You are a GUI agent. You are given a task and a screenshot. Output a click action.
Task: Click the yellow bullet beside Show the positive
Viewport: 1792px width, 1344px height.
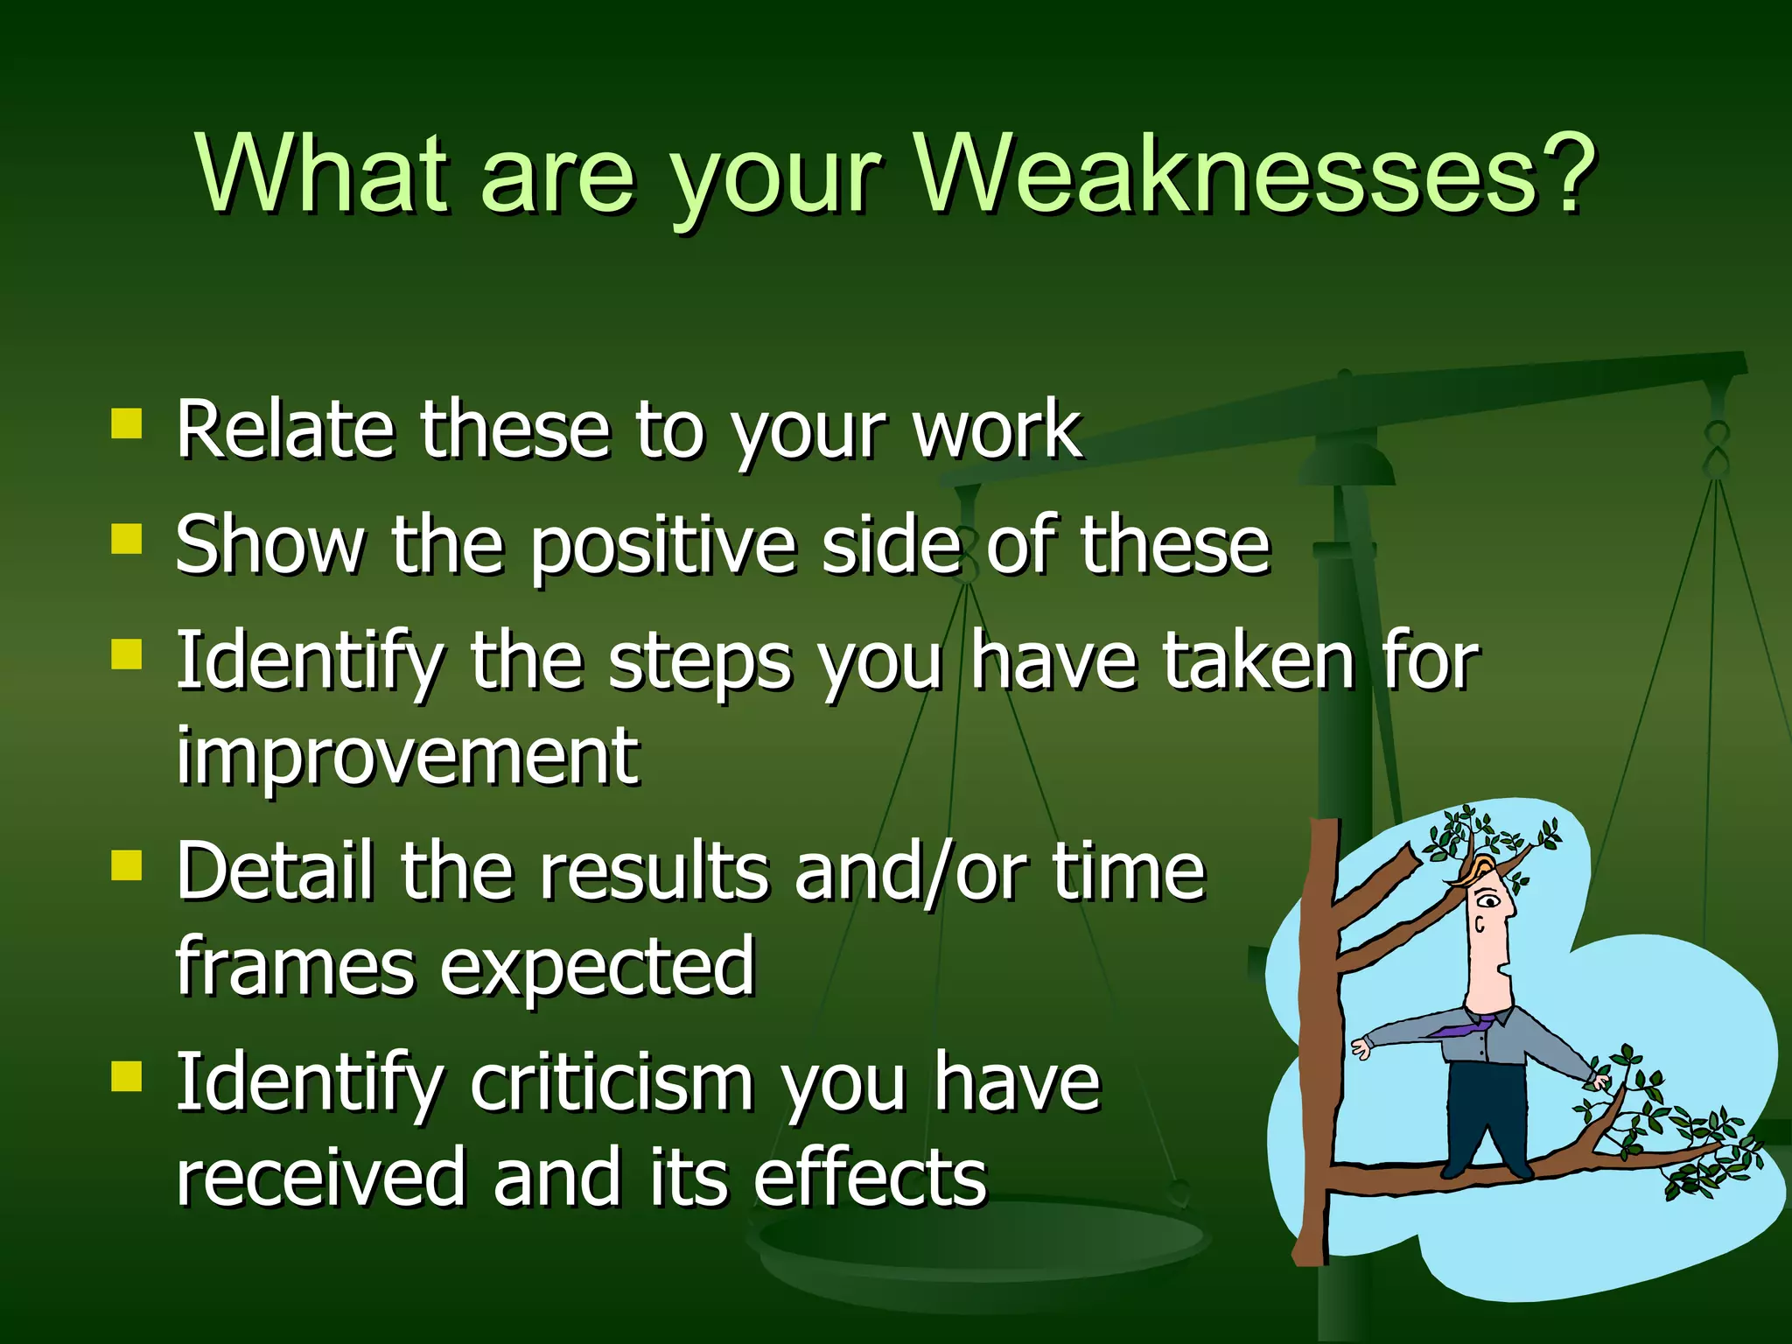click(127, 539)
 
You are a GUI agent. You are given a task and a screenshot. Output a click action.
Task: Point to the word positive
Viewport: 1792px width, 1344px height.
click(663, 547)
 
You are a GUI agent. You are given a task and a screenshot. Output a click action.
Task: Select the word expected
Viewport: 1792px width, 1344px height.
click(597, 968)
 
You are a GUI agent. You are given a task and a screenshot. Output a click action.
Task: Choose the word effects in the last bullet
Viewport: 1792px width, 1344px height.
click(870, 1177)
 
